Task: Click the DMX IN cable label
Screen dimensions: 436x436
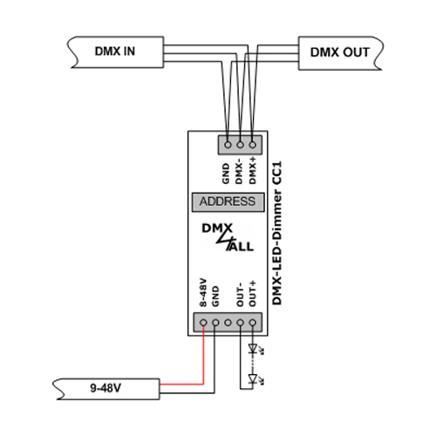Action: tap(115, 51)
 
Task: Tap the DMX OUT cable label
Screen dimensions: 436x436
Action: tap(340, 52)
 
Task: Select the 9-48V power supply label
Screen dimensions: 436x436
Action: tap(106, 388)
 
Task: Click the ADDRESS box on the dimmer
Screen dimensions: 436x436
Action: tap(228, 201)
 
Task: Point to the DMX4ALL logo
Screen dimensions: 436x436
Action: tap(228, 237)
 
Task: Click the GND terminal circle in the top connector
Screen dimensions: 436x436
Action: tap(228, 145)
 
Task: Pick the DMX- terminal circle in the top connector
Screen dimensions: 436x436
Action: tap(240, 145)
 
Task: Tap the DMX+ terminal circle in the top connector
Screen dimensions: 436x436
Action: tap(253, 145)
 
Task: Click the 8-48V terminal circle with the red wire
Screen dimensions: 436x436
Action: tap(203, 323)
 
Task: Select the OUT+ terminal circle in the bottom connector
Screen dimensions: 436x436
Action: tap(253, 323)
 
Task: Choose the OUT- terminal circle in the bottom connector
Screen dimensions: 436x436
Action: tap(240, 323)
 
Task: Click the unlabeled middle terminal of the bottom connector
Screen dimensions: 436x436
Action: tap(228, 323)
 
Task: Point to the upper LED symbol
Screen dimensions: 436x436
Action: tap(254, 348)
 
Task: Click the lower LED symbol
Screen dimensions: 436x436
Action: tap(254, 379)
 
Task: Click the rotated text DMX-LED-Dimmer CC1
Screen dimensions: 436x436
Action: tap(277, 234)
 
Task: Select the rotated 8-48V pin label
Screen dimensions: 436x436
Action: tap(203, 292)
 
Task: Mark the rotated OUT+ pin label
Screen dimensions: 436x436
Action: tap(253, 293)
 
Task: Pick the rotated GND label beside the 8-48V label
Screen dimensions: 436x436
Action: tap(215, 296)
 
